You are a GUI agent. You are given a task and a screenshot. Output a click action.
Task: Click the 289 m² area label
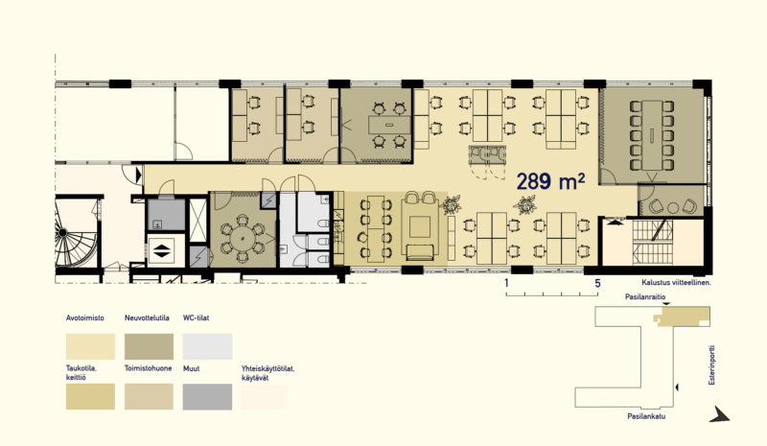coord(550,181)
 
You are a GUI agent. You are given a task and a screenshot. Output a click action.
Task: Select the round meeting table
coord(244,239)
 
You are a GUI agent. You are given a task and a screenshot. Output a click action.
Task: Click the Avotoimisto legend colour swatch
coord(90,346)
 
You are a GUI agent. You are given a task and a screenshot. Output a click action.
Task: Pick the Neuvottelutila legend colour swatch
coord(149,346)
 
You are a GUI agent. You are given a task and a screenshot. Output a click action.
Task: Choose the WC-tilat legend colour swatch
coord(207,346)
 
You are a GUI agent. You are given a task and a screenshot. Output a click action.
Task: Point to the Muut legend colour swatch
coord(207,396)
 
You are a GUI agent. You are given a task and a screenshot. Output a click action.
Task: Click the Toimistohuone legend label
coord(149,368)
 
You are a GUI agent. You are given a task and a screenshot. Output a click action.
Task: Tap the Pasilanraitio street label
coord(645,297)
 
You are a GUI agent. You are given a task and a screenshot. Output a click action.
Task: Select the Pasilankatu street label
coord(646,416)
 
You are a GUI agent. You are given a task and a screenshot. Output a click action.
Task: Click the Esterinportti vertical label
coord(712,365)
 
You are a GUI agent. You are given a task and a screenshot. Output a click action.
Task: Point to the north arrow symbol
coord(720,414)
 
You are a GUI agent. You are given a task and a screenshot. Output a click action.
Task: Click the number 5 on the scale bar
coord(597,283)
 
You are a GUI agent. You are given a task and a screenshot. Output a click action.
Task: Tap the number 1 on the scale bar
coord(507,283)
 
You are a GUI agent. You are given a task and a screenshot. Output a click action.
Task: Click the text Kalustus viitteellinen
coord(676,283)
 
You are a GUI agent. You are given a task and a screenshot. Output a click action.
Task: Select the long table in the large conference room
coord(652,134)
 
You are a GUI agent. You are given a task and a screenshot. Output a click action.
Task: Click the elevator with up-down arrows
coord(161,250)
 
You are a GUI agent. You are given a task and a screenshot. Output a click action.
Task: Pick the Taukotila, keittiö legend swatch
coord(90,396)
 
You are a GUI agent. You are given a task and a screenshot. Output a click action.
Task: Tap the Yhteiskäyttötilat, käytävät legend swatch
coord(265,396)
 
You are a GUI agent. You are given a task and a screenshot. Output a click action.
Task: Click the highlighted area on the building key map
coord(682,317)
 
